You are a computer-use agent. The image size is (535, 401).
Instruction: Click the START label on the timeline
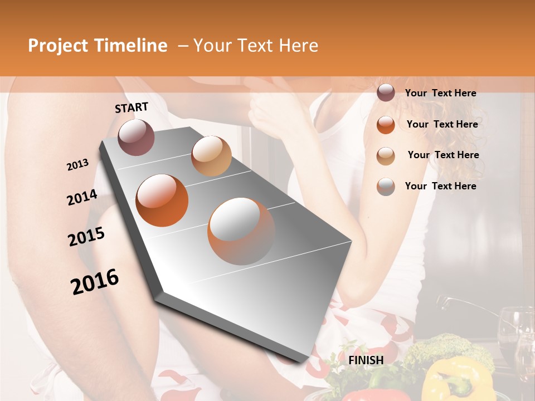(x=132, y=107)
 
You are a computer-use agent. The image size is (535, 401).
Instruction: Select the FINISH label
(x=366, y=360)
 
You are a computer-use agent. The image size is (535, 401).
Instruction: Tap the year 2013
(x=77, y=165)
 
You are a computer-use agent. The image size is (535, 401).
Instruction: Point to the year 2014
(x=82, y=197)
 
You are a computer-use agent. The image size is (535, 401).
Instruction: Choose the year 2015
(x=86, y=237)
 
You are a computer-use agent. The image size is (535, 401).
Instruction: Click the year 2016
(x=95, y=281)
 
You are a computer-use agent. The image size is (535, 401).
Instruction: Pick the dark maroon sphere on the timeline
(x=136, y=137)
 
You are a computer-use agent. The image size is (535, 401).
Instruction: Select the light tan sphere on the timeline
(x=211, y=156)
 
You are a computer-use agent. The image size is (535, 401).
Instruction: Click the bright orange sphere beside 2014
(x=162, y=200)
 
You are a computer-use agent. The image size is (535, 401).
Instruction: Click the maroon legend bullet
(x=386, y=93)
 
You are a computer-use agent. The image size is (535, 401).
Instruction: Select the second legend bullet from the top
(x=386, y=124)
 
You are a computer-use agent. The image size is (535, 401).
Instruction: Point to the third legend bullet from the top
(x=386, y=155)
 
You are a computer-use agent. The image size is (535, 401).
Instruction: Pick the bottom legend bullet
(x=386, y=187)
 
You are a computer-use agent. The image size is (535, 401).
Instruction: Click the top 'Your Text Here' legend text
(x=440, y=93)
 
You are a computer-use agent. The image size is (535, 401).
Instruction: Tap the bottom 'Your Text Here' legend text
(x=440, y=186)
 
